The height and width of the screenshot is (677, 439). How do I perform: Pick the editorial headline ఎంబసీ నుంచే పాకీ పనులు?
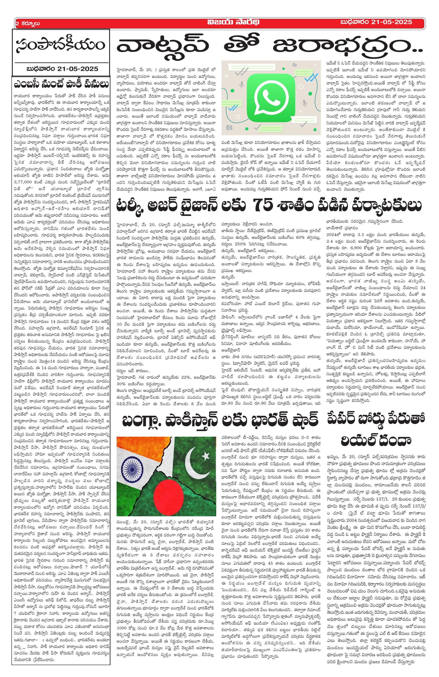click(61, 84)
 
